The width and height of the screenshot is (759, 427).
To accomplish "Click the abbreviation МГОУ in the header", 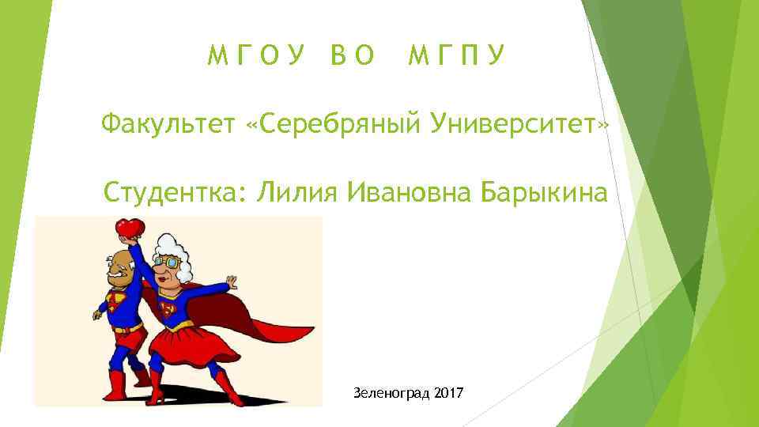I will [x=256, y=55].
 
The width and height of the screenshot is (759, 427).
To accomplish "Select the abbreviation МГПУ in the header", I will [x=457, y=55].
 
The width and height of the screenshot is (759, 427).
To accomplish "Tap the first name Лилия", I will [x=291, y=191].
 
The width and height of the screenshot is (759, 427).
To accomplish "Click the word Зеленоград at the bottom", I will [x=391, y=393].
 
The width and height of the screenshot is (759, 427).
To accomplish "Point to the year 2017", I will [x=449, y=393].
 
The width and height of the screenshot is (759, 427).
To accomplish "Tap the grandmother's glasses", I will [x=168, y=262].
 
